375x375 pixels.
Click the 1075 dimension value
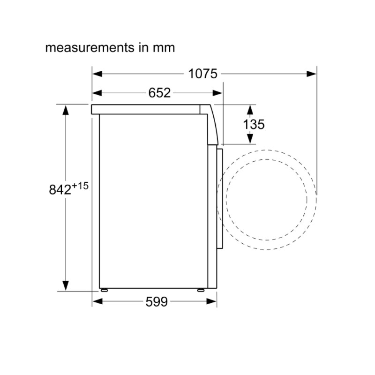203,74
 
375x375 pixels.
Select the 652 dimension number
159,93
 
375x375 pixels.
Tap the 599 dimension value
157,301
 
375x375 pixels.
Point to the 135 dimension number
254,124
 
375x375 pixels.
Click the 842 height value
60,190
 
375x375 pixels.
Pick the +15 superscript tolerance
80,186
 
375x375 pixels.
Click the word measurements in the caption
90,48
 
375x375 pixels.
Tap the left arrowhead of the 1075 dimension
97,74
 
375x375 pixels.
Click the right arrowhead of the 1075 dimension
311,74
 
